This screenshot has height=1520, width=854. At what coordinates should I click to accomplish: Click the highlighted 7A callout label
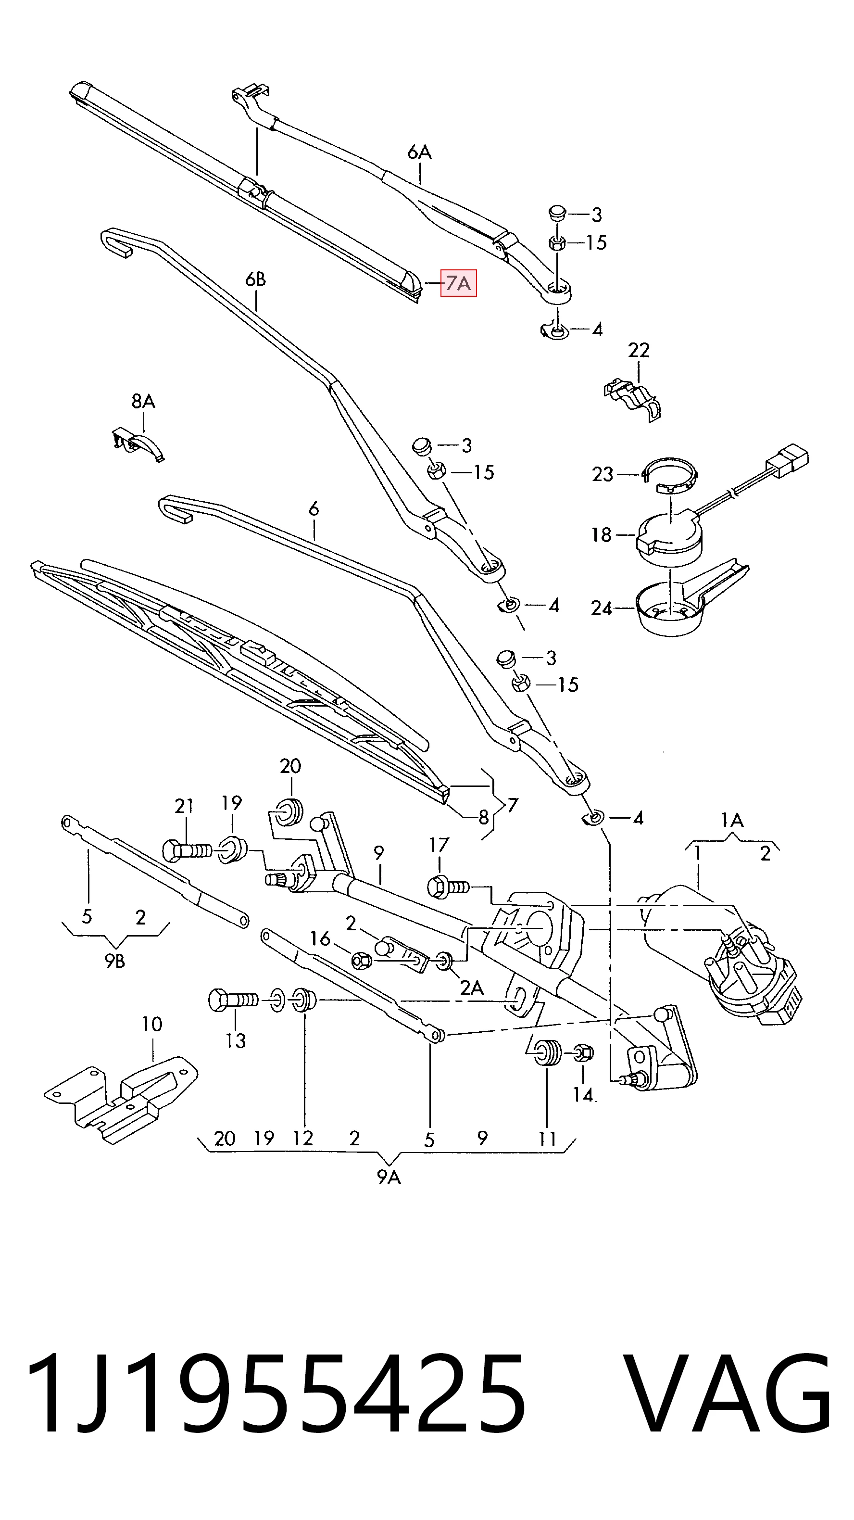click(x=458, y=283)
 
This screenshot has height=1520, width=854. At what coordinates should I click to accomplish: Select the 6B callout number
click(x=255, y=279)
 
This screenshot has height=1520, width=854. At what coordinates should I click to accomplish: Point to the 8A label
click(x=143, y=401)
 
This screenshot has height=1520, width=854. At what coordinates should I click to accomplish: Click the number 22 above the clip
click(x=639, y=351)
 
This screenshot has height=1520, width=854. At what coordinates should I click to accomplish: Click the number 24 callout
click(x=602, y=608)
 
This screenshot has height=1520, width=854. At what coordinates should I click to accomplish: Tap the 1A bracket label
click(x=732, y=820)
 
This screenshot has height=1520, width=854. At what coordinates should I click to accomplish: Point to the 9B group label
click(x=115, y=961)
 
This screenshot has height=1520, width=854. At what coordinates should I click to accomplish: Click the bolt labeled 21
click(x=187, y=850)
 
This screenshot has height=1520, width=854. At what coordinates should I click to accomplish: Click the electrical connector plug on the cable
click(x=787, y=460)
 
